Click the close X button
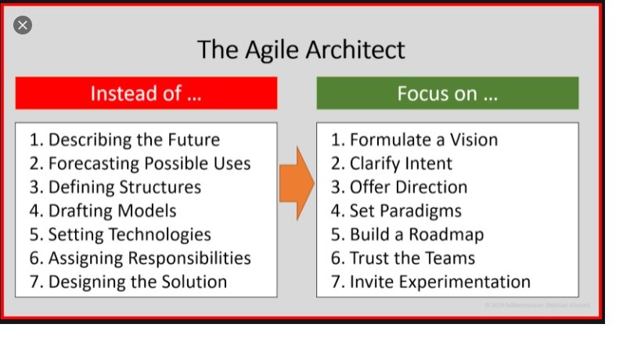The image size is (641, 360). [x=23, y=25]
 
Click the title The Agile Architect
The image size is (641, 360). [x=301, y=49]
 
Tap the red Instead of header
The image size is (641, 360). [x=146, y=93]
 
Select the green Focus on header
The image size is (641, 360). [x=447, y=93]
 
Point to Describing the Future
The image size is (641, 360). [x=124, y=140]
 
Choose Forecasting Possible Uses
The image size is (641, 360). [x=140, y=164]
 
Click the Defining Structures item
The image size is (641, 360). [x=115, y=187]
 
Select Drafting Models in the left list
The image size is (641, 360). [x=103, y=211]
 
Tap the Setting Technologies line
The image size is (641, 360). [x=121, y=234]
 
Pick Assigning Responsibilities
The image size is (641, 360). [x=140, y=257]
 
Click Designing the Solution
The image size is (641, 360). [x=128, y=282]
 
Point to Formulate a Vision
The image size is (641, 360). [x=414, y=140]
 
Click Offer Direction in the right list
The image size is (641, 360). [x=399, y=187]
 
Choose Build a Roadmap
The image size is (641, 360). [x=407, y=234]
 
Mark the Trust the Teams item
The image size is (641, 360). [x=403, y=257]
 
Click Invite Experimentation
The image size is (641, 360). [x=430, y=282]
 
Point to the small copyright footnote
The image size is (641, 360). [x=537, y=304]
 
